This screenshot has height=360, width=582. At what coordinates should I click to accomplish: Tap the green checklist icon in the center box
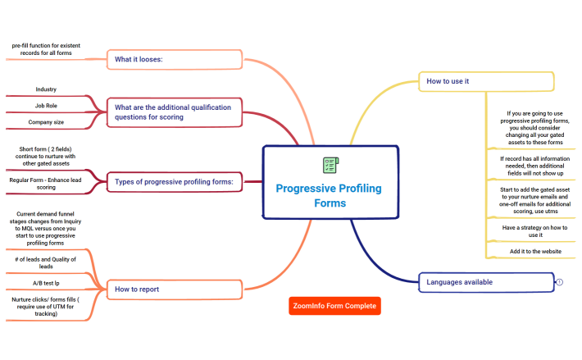click(330, 165)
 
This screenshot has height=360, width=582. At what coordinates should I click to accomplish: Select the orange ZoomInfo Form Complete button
click(335, 307)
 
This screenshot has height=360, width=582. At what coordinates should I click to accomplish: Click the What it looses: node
click(175, 59)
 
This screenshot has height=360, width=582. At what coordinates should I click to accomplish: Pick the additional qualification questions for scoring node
click(175, 112)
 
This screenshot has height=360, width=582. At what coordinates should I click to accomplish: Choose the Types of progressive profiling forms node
click(175, 180)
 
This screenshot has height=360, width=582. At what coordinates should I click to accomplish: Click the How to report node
click(175, 289)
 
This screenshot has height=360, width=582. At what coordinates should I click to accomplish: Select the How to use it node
click(487, 81)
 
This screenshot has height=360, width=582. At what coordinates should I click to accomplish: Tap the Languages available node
click(486, 282)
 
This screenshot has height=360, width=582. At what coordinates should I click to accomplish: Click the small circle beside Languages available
click(559, 282)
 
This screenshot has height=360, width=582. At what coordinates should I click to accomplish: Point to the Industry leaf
click(46, 89)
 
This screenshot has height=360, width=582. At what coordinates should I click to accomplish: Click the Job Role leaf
click(46, 106)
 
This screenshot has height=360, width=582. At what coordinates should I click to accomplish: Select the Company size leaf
click(46, 122)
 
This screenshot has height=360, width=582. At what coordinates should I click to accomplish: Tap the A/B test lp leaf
click(46, 283)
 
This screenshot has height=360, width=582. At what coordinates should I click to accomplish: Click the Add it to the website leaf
click(528, 251)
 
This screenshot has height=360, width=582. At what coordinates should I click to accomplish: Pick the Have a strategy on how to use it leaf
click(528, 230)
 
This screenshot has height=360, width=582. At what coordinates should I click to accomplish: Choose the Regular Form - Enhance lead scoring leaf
click(46, 184)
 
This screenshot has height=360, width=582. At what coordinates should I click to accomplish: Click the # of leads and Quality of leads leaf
click(46, 262)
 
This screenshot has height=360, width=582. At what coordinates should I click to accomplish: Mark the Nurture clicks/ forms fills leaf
click(46, 306)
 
